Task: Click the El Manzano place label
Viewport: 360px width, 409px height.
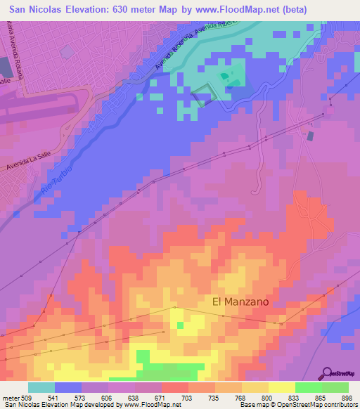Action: coord(240,301)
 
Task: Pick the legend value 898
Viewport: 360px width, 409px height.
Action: coord(347,398)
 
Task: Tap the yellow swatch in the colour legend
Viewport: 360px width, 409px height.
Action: coord(282,387)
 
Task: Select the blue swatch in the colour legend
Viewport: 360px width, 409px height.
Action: coord(67,387)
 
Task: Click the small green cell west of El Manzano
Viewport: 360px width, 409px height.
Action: coord(180,325)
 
